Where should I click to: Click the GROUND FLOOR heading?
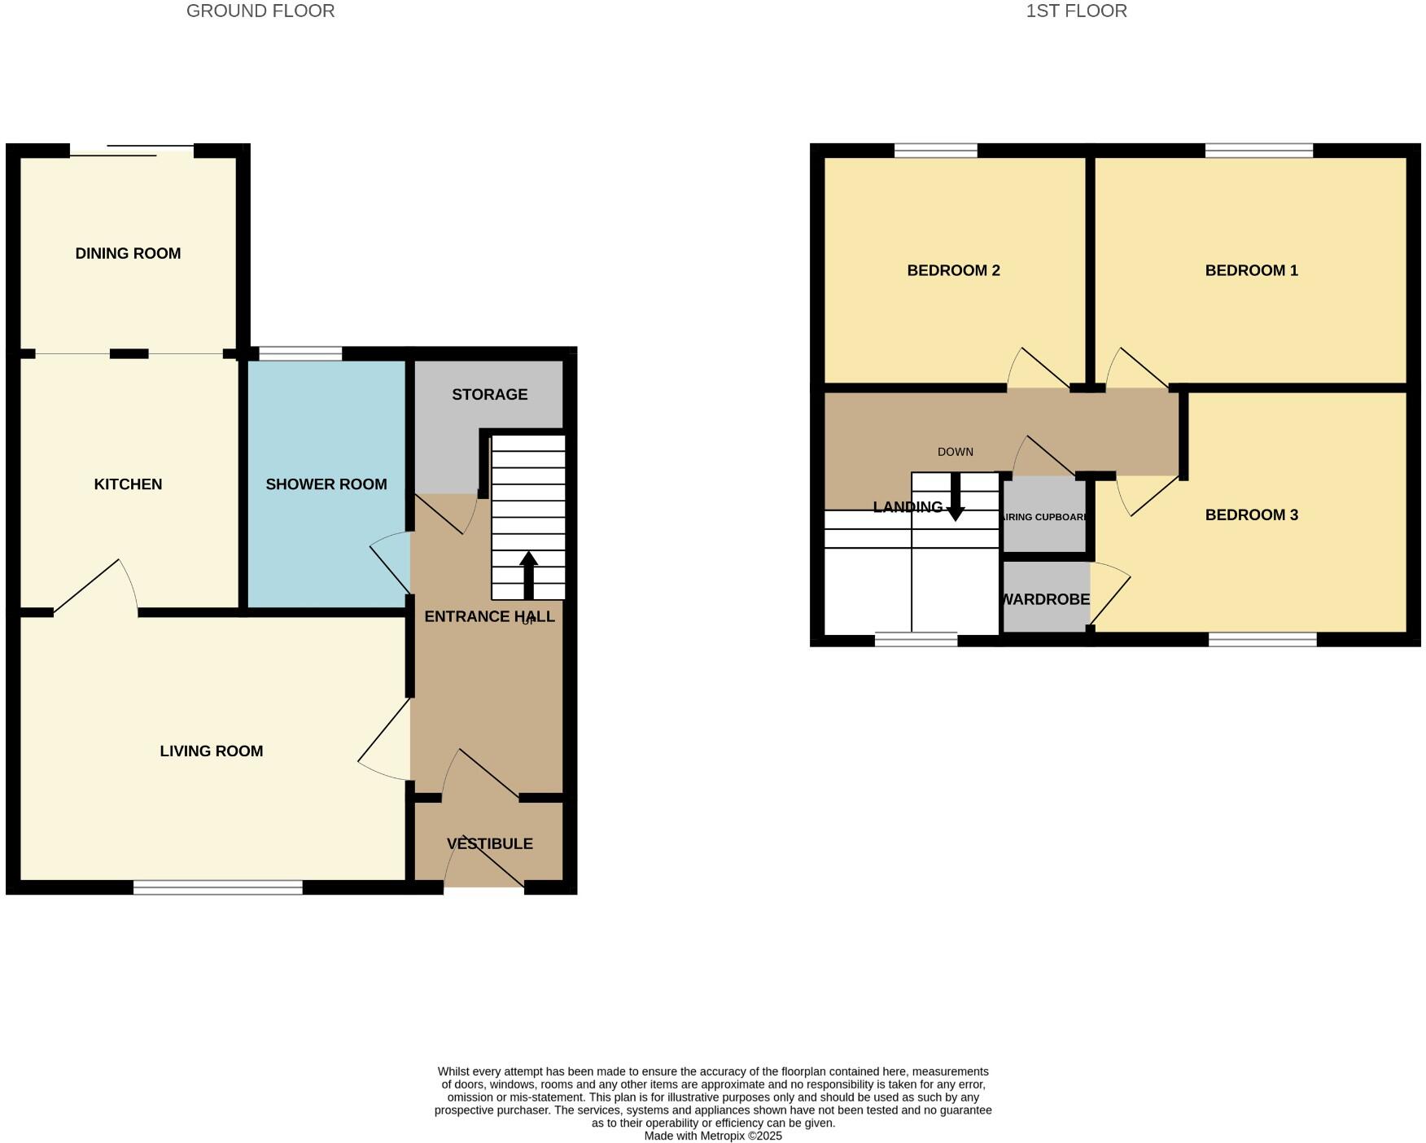[x=260, y=11]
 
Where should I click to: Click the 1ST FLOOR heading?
[x=1076, y=11]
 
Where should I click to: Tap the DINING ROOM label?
[x=128, y=253]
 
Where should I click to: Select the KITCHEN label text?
[x=128, y=484]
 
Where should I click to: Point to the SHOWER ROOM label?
[x=326, y=484]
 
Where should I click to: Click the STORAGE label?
[x=489, y=394]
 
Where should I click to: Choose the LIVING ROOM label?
[x=211, y=751]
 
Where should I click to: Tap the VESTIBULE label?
[x=489, y=843]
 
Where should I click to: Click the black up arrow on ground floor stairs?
[x=528, y=574]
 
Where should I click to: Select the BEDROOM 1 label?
[x=1251, y=270]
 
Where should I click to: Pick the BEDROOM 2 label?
[x=953, y=270]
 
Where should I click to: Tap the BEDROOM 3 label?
[x=1251, y=515]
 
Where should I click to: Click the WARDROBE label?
[x=1045, y=599]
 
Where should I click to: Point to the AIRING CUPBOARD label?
[x=1045, y=517]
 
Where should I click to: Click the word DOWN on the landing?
[x=955, y=452]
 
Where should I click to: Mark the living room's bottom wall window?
[x=217, y=887]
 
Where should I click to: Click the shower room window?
[x=300, y=353]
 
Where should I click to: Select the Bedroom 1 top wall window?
[x=1258, y=151]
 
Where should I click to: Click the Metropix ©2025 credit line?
[x=713, y=1136]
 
